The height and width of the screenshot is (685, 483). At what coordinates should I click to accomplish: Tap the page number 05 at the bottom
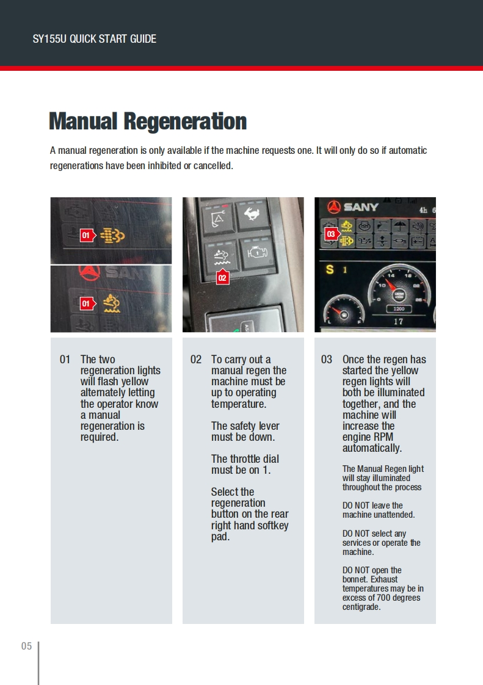[x=26, y=646]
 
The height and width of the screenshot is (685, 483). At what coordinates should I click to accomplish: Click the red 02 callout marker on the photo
[x=222, y=277]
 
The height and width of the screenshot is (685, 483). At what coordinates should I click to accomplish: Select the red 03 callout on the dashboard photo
[x=331, y=234]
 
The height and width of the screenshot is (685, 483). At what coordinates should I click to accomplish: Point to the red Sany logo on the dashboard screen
[x=334, y=207]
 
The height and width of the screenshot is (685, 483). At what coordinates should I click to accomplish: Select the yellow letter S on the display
[x=330, y=269]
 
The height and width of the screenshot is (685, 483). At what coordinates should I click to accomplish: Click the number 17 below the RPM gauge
[x=398, y=322]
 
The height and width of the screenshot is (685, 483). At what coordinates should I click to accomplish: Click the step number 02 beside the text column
[x=195, y=360]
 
